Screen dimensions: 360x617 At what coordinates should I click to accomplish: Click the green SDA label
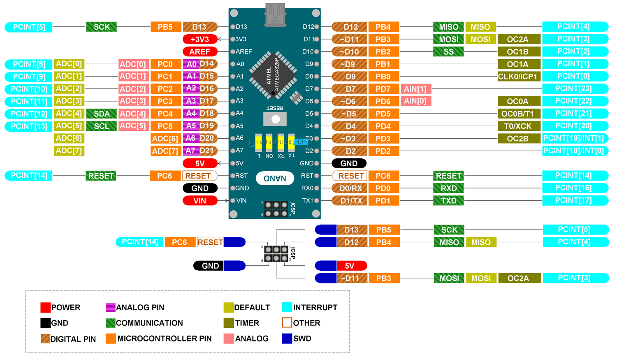coord(102,114)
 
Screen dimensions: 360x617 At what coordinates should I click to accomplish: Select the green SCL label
coord(102,126)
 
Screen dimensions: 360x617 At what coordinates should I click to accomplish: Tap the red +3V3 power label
coord(200,39)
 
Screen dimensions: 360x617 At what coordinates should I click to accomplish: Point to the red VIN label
coord(200,201)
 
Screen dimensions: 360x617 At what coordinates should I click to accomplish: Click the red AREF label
coord(200,52)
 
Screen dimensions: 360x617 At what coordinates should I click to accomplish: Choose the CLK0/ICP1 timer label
coord(518,77)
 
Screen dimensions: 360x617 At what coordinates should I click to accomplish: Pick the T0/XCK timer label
coord(518,126)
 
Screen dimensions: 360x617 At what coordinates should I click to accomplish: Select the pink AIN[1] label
coord(415,89)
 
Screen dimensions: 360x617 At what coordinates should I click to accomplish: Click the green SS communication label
coord(448,52)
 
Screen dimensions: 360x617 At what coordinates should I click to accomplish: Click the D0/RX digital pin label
coord(350,188)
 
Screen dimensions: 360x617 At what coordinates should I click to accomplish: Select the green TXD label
coord(448,201)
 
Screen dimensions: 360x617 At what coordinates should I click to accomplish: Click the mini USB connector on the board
coord(275,15)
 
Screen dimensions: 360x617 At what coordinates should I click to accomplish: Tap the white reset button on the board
coord(275,119)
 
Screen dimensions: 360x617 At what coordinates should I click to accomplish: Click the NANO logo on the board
coord(275,179)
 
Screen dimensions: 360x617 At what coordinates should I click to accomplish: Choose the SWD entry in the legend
coord(297,339)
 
